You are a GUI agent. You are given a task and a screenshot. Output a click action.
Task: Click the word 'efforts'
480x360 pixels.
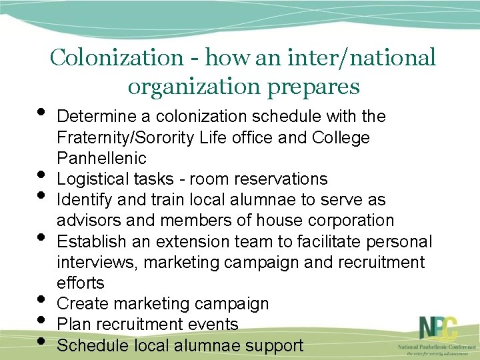click(81, 283)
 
